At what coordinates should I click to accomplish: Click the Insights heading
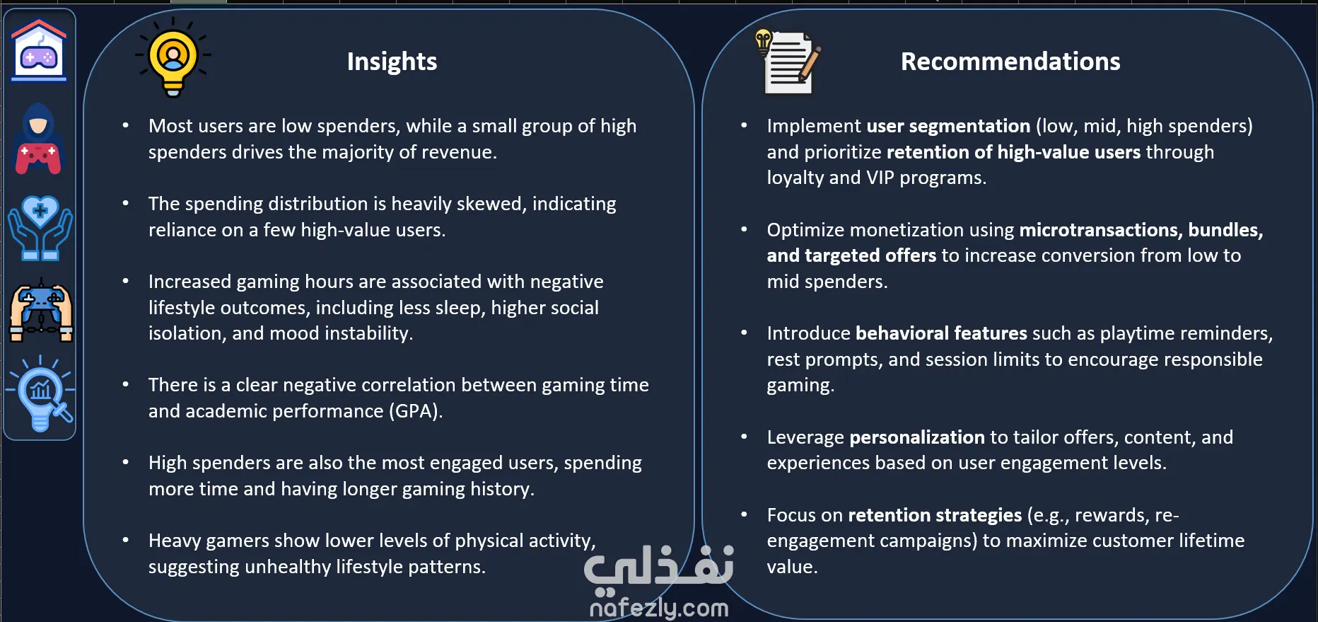[392, 62]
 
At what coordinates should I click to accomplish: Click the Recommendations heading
[1010, 62]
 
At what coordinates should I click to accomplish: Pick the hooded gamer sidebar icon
[39, 139]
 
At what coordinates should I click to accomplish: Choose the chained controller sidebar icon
[41, 311]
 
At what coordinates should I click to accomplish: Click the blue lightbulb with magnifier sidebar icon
[40, 393]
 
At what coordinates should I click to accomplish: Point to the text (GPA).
[416, 411]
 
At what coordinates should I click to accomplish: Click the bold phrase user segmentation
[948, 126]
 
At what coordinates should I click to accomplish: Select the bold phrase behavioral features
[941, 333]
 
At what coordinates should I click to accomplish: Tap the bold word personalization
[917, 437]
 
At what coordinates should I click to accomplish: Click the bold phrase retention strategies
[935, 515]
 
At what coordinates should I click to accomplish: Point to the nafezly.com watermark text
[658, 608]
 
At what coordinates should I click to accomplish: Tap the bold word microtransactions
[1101, 230]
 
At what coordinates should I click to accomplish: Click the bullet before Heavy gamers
[126, 540]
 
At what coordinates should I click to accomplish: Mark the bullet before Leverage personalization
[744, 437]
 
